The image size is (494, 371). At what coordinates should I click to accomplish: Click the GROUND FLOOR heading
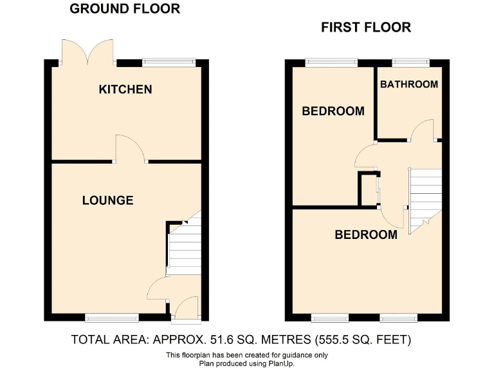(125, 9)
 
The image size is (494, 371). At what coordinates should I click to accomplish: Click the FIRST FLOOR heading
(366, 28)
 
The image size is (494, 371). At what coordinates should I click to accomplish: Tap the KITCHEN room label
(125, 90)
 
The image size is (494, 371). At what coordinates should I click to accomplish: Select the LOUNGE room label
(107, 200)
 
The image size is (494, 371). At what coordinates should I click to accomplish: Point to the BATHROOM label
(409, 84)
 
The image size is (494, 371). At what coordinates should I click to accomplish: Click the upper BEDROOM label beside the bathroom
(333, 111)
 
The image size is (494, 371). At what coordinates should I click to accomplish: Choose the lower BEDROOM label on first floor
(365, 235)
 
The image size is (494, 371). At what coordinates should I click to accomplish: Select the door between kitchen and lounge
(130, 149)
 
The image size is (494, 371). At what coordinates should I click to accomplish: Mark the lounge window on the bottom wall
(112, 318)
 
